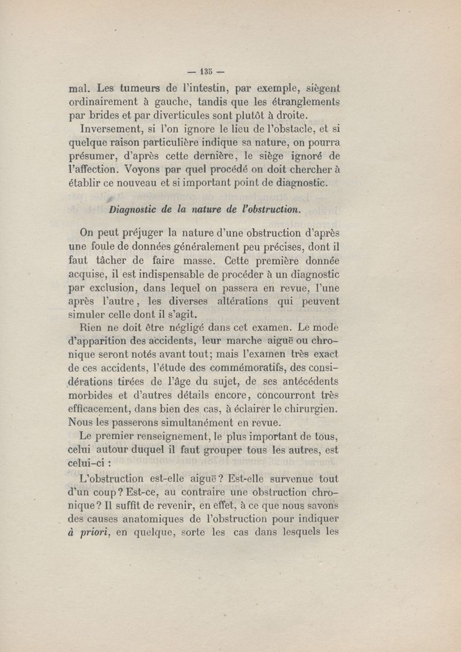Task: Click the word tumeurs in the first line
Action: point(139,89)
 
